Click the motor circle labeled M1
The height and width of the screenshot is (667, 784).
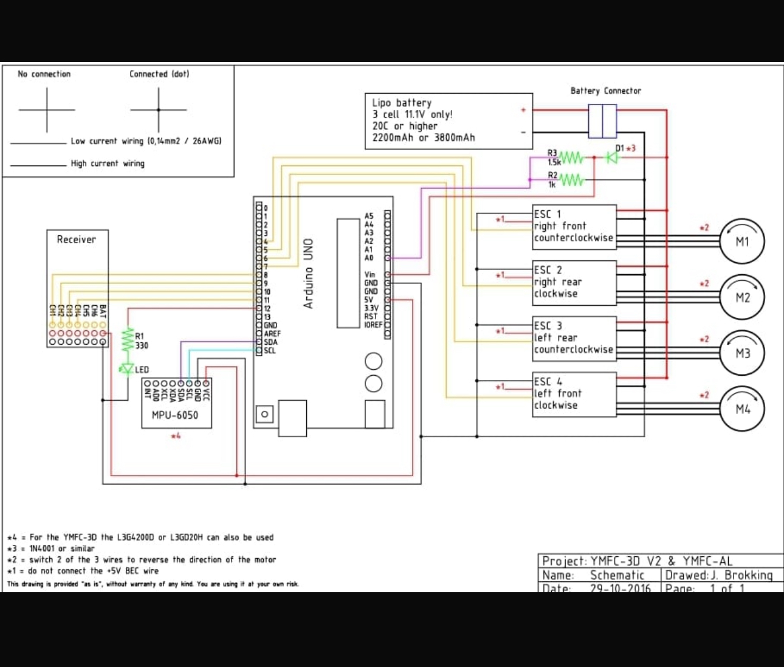(742, 241)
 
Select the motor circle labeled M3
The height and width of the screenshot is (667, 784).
(742, 353)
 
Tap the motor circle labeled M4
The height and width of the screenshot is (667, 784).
(742, 409)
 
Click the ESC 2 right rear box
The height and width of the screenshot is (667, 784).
(574, 283)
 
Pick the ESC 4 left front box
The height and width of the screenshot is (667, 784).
(574, 395)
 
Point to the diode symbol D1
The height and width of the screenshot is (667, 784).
(612, 157)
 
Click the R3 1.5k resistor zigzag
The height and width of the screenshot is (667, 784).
(571, 158)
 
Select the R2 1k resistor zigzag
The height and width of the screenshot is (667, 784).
(571, 180)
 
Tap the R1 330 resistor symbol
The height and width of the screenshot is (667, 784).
(128, 340)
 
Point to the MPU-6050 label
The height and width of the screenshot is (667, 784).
(174, 415)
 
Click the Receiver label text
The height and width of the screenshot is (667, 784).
(76, 240)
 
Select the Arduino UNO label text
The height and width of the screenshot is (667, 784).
(309, 273)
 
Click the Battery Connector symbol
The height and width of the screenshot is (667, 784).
(602, 121)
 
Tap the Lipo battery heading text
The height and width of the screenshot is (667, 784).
(402, 103)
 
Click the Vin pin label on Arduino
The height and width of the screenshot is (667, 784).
(370, 275)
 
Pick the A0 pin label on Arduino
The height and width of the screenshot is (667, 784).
(368, 258)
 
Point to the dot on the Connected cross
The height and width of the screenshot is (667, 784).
(159, 110)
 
